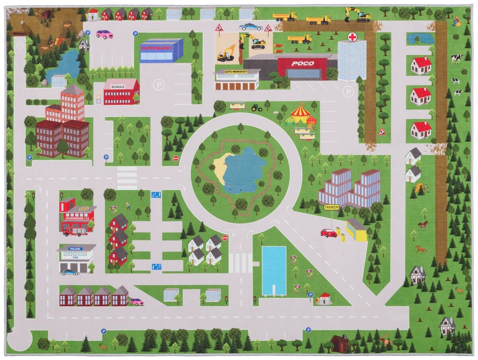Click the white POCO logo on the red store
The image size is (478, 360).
[x=302, y=63]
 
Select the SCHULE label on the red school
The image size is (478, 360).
[x=118, y=87]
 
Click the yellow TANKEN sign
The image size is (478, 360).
[x=331, y=207]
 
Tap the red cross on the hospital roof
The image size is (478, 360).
[x=352, y=37]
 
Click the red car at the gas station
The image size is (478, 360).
[x=329, y=233]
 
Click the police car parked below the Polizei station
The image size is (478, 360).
[x=69, y=273]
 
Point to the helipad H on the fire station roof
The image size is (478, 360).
[x=83, y=209]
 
